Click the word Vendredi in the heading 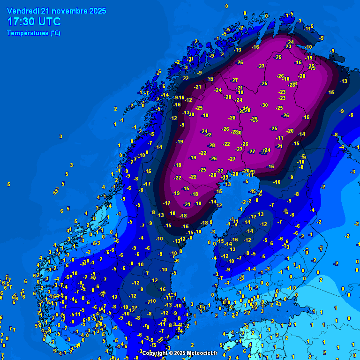pos(22,11)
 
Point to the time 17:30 pos(22,22)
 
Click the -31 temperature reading pos(191,59)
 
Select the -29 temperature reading pos(255,119)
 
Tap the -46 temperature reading pos(252,191)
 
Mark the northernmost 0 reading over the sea pos(226,6)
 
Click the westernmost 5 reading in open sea pos(8,184)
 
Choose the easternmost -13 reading pos(344,81)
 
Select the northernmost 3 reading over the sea pos(60,136)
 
